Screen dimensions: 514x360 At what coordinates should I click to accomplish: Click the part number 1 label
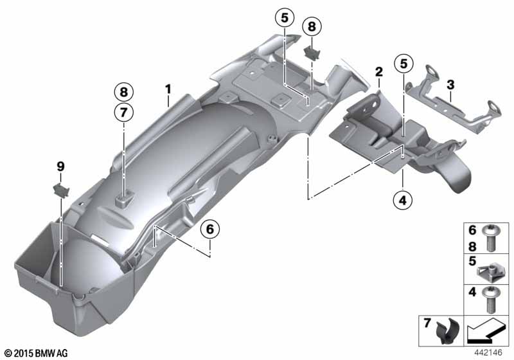tap(168, 89)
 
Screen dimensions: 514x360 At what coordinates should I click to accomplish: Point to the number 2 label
tap(379, 71)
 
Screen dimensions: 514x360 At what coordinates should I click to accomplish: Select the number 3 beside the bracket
tap(451, 85)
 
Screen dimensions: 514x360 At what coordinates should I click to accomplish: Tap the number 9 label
tap(60, 166)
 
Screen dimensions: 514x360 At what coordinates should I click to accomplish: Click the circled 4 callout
tap(403, 200)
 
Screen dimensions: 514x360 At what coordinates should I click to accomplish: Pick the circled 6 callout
tap(210, 230)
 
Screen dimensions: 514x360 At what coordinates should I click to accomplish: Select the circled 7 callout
tap(123, 113)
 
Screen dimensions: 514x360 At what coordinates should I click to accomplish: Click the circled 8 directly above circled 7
tap(123, 92)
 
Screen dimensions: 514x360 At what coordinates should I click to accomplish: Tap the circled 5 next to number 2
tap(403, 64)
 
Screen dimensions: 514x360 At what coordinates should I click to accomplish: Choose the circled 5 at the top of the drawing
tap(285, 18)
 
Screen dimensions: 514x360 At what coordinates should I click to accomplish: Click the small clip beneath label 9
tap(60, 190)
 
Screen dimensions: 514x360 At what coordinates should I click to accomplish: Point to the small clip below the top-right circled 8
tap(312, 53)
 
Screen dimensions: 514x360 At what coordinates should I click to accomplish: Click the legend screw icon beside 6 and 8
tap(490, 239)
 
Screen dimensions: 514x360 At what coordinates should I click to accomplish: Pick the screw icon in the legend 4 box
tap(490, 300)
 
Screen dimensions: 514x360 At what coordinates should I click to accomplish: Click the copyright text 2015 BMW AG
tap(37, 353)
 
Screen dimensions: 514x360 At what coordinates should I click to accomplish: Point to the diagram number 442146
tap(488, 352)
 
